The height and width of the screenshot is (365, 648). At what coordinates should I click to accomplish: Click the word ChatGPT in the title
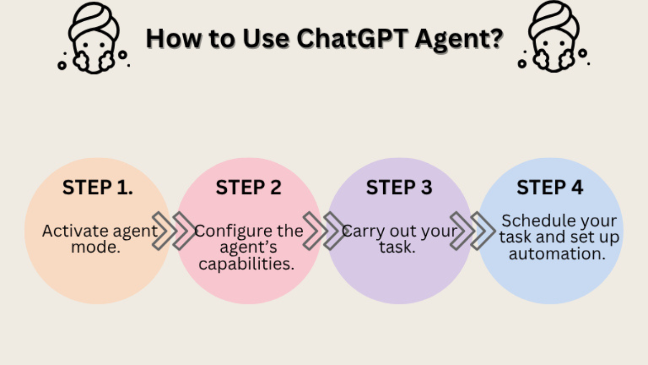coord(352,39)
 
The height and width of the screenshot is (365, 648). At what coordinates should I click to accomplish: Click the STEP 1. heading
coord(98,188)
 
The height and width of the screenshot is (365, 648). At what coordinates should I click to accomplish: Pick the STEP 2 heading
coord(249,188)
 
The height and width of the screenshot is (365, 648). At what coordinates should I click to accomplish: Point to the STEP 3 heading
coord(399,188)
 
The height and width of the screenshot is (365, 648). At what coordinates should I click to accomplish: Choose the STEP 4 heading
coord(550,188)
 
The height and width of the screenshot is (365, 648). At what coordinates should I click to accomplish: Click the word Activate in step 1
coord(76,231)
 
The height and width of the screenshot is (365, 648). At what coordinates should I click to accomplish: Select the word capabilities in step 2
coord(247,265)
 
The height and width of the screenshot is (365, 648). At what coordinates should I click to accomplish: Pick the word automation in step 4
coord(557,254)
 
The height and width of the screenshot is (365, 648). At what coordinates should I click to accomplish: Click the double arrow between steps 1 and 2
coord(174,231)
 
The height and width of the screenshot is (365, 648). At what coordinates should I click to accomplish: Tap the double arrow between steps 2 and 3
coord(325,231)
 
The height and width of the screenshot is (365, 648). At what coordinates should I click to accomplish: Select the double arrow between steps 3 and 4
coord(472,231)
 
